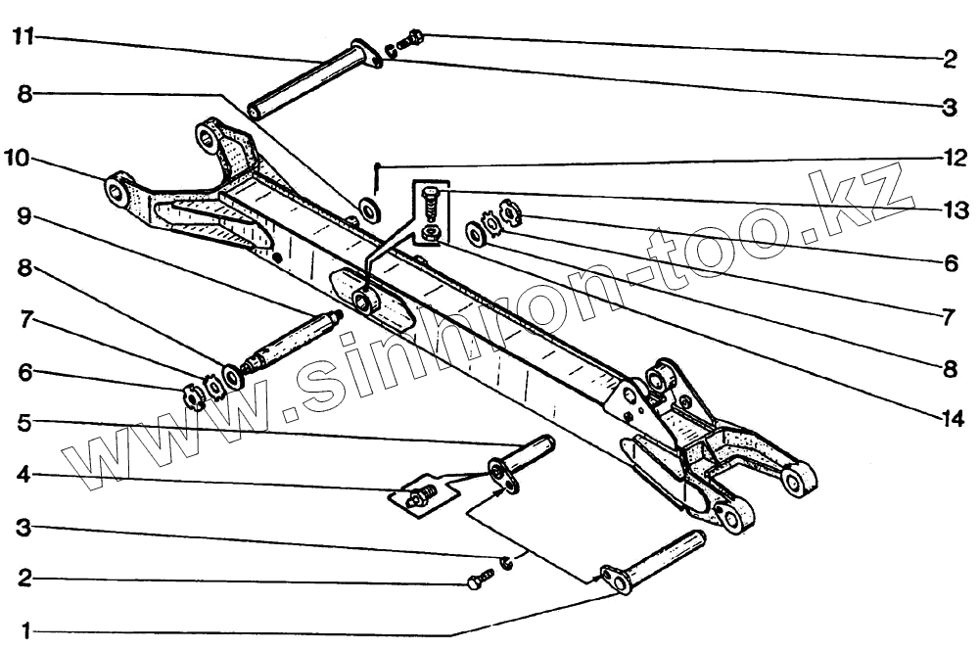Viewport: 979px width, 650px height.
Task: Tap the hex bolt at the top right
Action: pos(414,39)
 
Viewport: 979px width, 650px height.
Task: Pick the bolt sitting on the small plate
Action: pos(419,498)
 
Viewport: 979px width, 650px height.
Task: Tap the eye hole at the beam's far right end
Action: pos(794,480)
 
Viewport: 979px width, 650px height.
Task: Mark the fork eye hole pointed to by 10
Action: pos(118,187)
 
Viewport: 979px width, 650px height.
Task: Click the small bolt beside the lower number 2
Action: pos(479,580)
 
